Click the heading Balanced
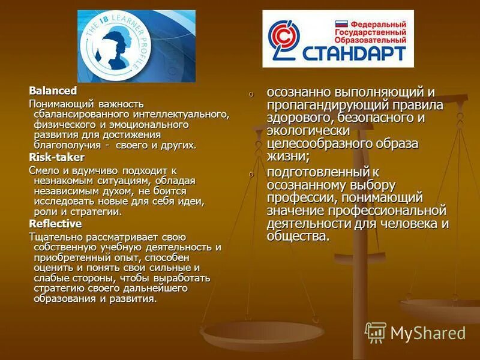tap(53, 91)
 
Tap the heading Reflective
tap(55, 223)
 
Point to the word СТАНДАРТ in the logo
tap(361, 54)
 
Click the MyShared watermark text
tap(428, 333)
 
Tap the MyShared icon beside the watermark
tap(376, 332)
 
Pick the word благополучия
tap(66, 145)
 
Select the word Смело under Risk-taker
tap(43, 170)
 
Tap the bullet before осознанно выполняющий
tap(252, 94)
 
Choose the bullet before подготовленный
tap(252, 174)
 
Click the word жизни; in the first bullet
tap(288, 157)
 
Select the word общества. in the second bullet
tap(298, 236)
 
